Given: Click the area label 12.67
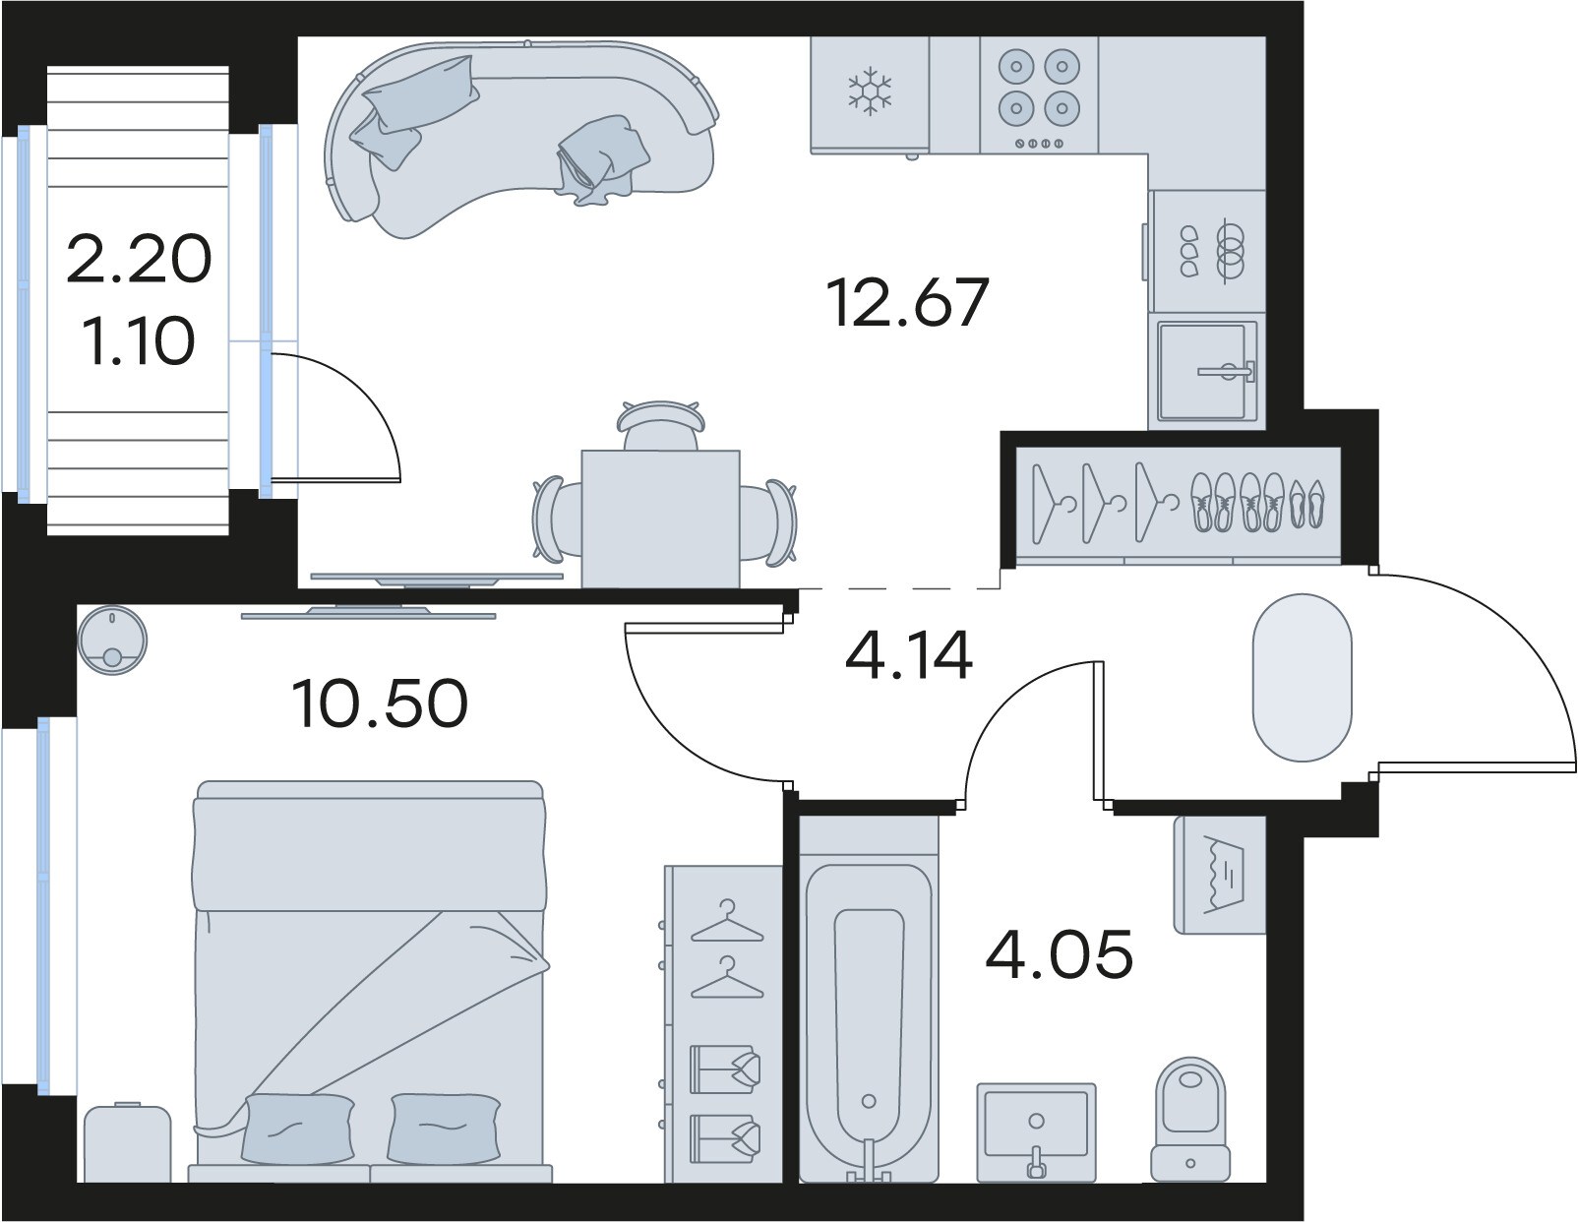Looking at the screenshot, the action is pyautogui.click(x=908, y=302).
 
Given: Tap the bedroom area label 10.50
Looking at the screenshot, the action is pyautogui.click(x=380, y=703).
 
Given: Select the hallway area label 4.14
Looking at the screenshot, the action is pyautogui.click(x=908, y=655).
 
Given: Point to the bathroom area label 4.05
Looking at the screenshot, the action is pyautogui.click(x=1059, y=954).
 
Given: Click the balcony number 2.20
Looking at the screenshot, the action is pyautogui.click(x=139, y=259).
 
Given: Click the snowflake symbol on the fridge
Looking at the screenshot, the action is pyautogui.click(x=870, y=92).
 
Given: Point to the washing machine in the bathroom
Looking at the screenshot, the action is pyautogui.click(x=1220, y=875).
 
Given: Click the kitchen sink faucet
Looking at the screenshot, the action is pyautogui.click(x=1227, y=371).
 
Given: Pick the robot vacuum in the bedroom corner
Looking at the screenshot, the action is pyautogui.click(x=112, y=642).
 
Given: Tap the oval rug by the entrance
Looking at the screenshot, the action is pyautogui.click(x=1303, y=678).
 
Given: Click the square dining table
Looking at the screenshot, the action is pyautogui.click(x=660, y=519).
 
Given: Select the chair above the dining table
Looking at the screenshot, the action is pyautogui.click(x=661, y=425).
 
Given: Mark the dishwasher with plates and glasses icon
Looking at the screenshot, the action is pyautogui.click(x=1208, y=251).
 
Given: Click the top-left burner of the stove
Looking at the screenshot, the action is pyautogui.click(x=1016, y=67).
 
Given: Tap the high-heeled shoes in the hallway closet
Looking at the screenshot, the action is pyautogui.click(x=1306, y=503).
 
